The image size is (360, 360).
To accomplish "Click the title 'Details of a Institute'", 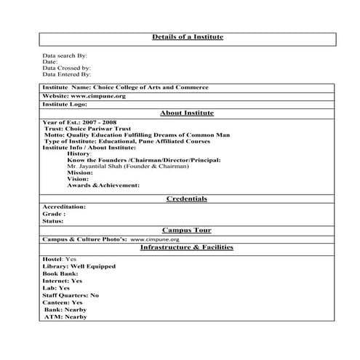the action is point(187,36).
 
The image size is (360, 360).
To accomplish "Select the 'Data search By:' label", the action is point(65,55).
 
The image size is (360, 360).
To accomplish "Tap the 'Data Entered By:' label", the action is point(67,74).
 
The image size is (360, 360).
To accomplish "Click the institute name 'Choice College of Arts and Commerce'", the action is point(151,87).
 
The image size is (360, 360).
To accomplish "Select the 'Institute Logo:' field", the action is point(66,104).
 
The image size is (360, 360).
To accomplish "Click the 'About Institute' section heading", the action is point(187,113).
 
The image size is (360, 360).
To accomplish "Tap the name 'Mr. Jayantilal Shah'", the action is point(98,167).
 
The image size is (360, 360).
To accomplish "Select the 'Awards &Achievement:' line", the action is point(103,185).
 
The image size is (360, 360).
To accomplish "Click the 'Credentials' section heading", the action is point(187,199).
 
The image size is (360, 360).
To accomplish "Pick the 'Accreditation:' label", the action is point(64,207).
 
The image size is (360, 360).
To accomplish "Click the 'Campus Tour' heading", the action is point(187,230).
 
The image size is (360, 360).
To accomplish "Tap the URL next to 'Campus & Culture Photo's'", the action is point(155,239).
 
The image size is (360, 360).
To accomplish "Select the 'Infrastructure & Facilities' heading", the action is point(187,247).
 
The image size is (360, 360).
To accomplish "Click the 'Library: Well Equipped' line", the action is point(79,266).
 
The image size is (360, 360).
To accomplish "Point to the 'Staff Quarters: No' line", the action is point(71,295).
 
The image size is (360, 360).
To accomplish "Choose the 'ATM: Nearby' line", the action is point(65,317).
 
